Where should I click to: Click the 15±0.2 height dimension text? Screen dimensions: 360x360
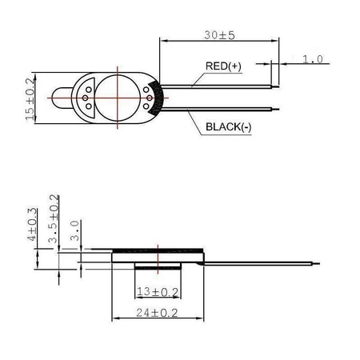click(x=30, y=98)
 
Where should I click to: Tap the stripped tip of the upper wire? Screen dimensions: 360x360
click(x=276, y=82)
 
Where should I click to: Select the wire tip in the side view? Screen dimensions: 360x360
click(x=318, y=263)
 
